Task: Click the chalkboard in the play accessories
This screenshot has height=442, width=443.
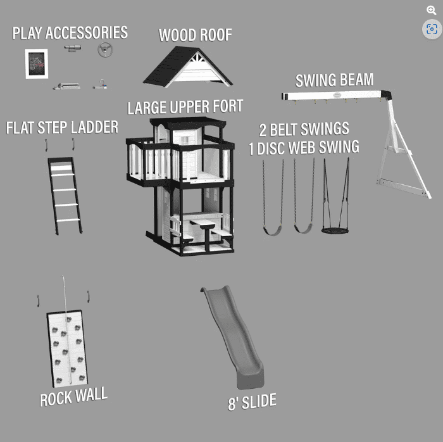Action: [x=37, y=64]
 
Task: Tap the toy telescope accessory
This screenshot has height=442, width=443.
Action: [x=72, y=48]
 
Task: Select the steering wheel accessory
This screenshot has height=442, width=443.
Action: [x=105, y=49]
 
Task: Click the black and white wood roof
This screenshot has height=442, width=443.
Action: [x=187, y=66]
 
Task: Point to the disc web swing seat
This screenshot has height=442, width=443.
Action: [x=335, y=230]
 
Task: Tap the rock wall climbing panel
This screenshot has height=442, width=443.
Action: [x=67, y=348]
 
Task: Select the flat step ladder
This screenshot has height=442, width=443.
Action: [x=65, y=196]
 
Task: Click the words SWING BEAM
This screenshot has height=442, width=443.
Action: [x=334, y=80]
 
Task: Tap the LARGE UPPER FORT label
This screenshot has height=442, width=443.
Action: [x=185, y=107]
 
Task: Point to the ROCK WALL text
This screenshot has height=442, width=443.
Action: [x=73, y=396]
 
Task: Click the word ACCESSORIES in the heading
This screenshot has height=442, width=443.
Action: [x=87, y=33]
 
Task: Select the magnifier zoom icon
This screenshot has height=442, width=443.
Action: [x=432, y=11]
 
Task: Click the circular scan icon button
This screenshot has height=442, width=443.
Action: [x=432, y=29]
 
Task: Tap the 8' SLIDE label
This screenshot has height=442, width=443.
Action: [x=252, y=401]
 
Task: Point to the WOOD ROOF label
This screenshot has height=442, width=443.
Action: [x=195, y=35]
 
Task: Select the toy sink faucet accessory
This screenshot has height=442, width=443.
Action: [x=100, y=85]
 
